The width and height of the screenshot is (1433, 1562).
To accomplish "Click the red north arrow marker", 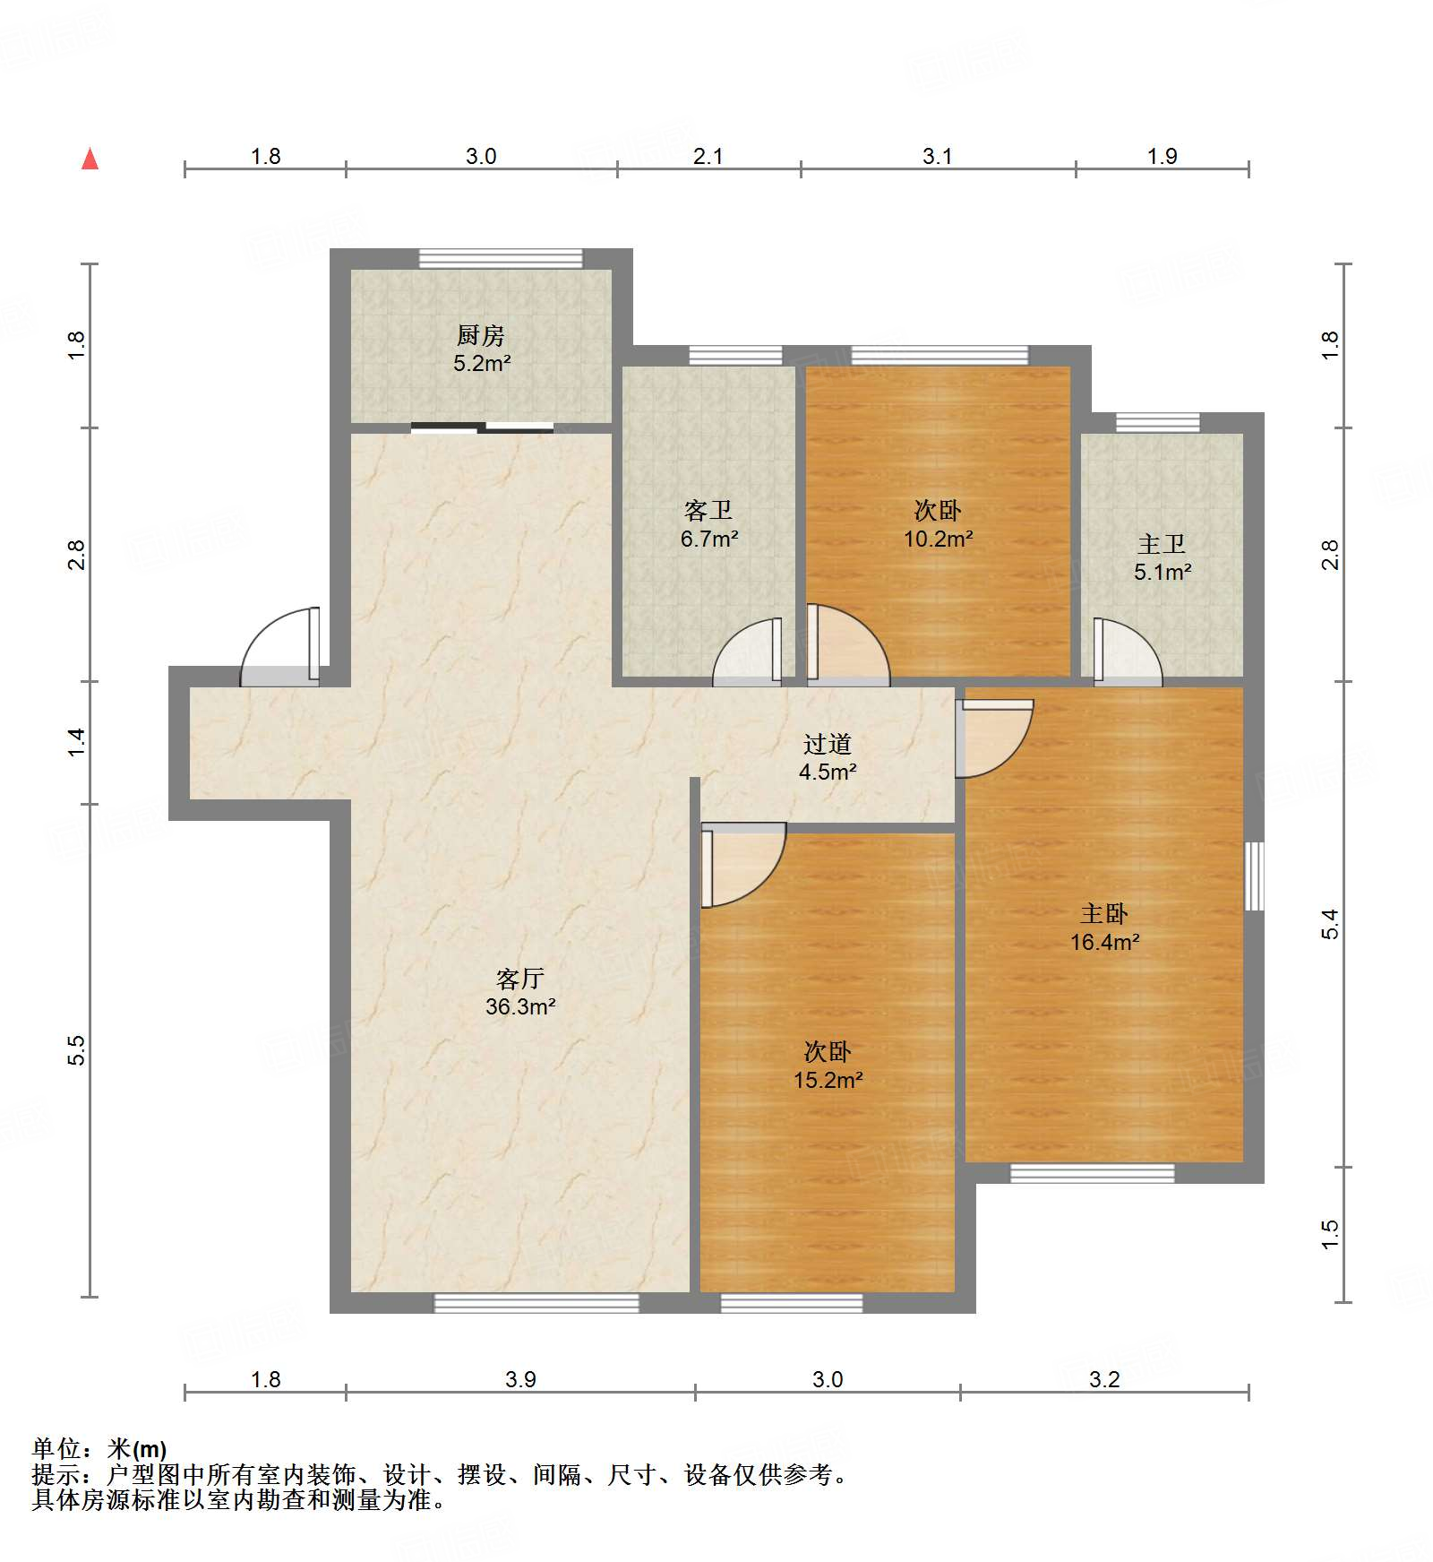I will click(90, 159).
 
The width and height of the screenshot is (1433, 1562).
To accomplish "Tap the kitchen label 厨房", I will click(481, 335).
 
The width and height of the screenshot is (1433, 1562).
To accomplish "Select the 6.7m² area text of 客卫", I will click(708, 539).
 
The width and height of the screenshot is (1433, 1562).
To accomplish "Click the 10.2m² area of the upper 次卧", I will click(938, 539).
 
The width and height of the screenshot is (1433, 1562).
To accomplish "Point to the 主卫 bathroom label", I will click(1162, 544).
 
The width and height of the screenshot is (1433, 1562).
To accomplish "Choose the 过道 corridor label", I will click(827, 744).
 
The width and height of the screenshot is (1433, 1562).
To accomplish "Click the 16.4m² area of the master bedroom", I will click(1104, 942).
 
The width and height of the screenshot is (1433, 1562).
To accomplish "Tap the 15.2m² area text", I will click(828, 1080).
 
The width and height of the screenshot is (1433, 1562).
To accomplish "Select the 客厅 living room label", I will click(520, 978).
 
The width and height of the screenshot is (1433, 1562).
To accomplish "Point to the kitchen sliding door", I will click(482, 427).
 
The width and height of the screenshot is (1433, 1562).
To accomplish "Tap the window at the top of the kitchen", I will click(501, 258).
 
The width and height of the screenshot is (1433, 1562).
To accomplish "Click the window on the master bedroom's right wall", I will click(1255, 876).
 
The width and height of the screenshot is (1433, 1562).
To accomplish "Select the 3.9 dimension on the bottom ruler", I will click(520, 1379).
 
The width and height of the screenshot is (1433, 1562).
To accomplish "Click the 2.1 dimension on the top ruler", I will click(708, 156).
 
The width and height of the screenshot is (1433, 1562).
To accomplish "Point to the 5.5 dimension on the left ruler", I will click(76, 1049).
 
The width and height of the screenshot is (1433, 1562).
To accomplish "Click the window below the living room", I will click(536, 1303).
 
